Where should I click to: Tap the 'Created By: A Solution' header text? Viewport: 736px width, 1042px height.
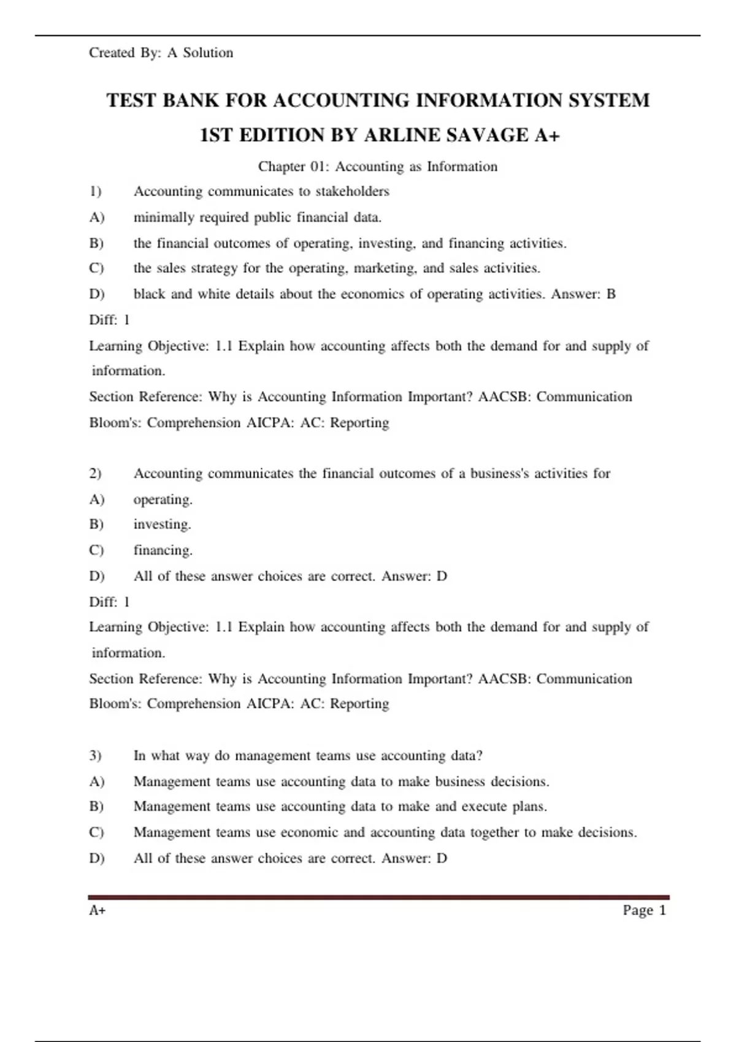[x=161, y=53]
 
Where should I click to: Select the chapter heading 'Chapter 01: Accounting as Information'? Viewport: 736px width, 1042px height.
[x=377, y=167]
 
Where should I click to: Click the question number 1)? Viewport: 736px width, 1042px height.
[x=95, y=191]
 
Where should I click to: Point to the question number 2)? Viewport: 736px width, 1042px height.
[x=95, y=473]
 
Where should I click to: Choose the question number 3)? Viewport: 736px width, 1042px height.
[x=95, y=755]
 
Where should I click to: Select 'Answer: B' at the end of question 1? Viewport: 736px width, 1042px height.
[x=583, y=294]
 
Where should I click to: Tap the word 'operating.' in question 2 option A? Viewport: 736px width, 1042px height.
[x=163, y=500]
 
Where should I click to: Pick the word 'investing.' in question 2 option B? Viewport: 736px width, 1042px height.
[x=162, y=525]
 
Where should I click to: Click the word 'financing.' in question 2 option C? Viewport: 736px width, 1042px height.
[x=163, y=550]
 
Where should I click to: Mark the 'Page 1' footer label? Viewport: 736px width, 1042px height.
[x=644, y=910]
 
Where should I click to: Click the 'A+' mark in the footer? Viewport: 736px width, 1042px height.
[x=98, y=910]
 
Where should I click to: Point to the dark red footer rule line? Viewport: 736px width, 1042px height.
[x=378, y=897]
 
